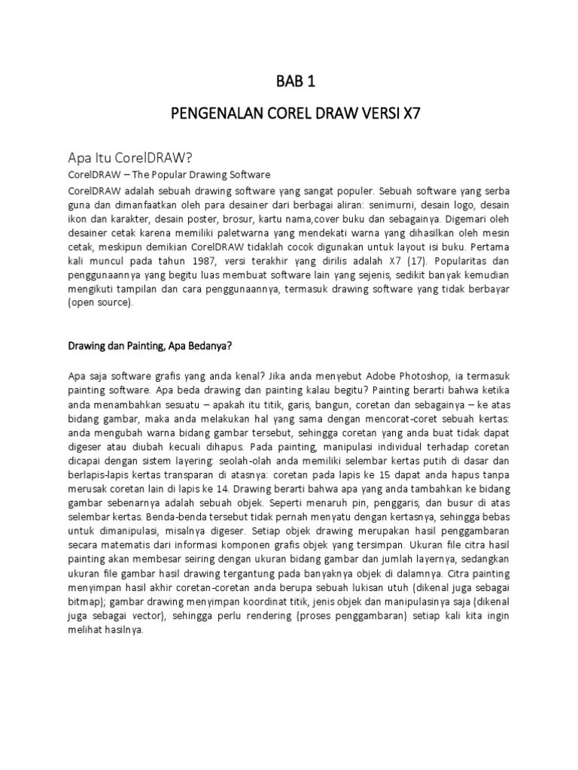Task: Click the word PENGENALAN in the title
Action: [214, 115]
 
